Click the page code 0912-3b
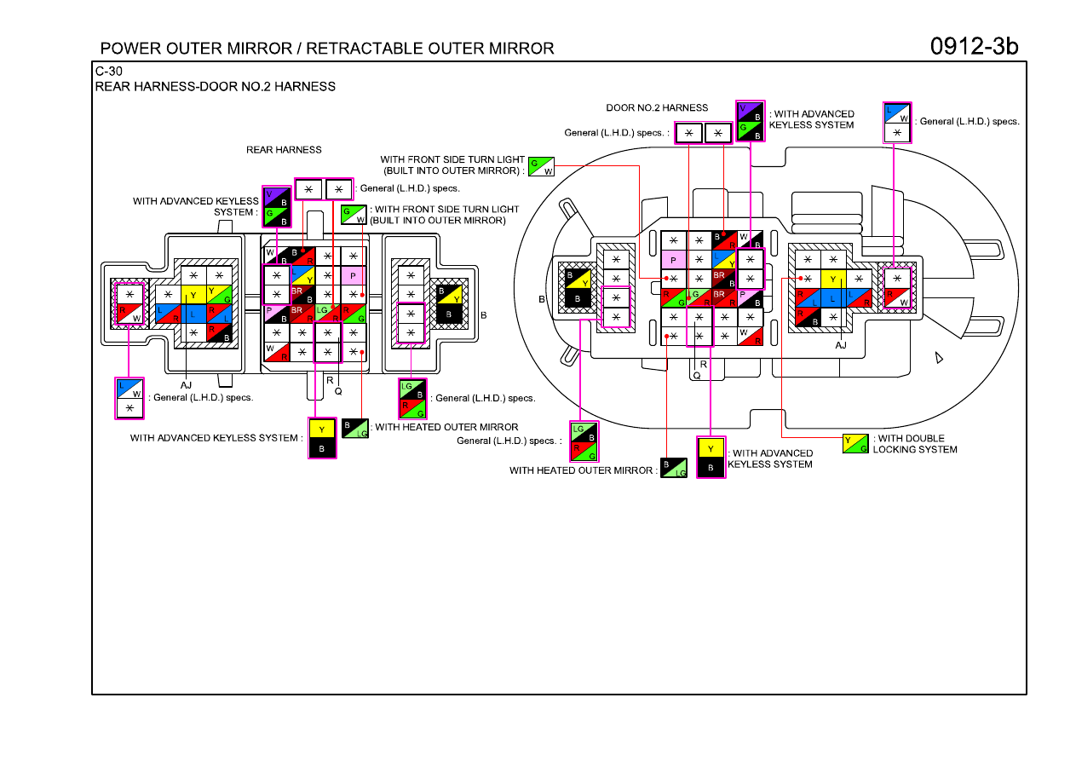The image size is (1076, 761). (974, 47)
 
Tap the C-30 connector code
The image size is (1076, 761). (108, 72)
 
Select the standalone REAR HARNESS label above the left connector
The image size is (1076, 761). (284, 150)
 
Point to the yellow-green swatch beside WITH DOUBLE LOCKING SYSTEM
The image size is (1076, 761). (855, 443)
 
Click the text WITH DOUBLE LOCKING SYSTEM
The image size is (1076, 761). (915, 444)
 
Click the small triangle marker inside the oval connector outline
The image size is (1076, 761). (939, 357)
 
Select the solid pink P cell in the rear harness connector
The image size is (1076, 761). (353, 276)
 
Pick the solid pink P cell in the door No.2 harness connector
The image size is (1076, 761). (674, 260)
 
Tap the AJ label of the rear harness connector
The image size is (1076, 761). (186, 385)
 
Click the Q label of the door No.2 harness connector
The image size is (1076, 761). (697, 376)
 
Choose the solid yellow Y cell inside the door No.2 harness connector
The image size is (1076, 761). (833, 279)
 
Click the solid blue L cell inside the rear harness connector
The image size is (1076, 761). (193, 314)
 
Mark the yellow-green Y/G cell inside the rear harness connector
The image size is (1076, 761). (219, 295)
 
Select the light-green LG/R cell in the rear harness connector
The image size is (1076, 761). (328, 314)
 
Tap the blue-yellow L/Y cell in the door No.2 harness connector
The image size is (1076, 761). (724, 260)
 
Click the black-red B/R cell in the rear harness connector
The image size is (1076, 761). (302, 257)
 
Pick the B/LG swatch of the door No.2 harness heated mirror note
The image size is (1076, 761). (674, 468)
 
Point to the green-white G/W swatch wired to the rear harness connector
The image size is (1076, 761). (354, 215)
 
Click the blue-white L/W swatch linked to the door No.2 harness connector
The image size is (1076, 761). (897, 113)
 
